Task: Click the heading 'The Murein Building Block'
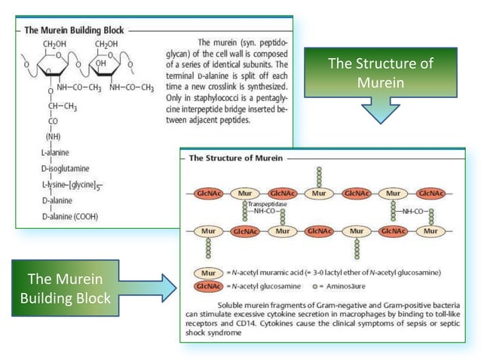pyautogui.click(x=74, y=31)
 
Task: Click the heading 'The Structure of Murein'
pyautogui.click(x=235, y=158)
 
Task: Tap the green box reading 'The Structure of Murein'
pyautogui.click(x=381, y=72)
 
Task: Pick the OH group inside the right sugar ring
pyautogui.click(x=100, y=63)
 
